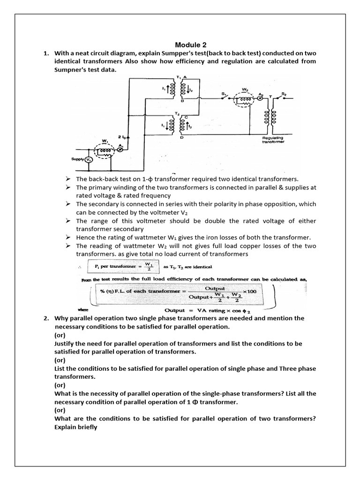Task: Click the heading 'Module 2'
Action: point(190,45)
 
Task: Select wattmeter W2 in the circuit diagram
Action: point(245,99)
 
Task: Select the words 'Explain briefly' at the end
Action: point(75,427)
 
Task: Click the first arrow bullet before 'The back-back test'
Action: point(68,179)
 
